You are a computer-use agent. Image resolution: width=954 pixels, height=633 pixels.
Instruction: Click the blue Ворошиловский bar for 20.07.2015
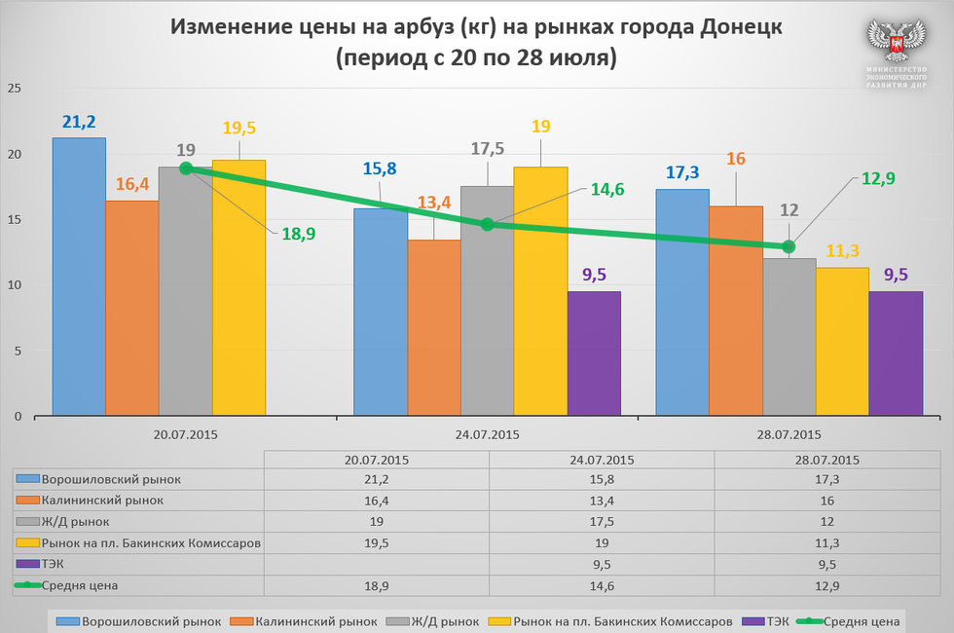coord(79,278)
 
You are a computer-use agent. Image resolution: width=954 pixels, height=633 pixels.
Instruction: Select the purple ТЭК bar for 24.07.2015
coord(594,354)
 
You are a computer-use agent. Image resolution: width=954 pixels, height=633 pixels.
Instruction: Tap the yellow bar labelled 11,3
coord(842,342)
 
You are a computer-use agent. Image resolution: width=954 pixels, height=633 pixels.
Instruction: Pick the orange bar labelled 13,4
coord(434,328)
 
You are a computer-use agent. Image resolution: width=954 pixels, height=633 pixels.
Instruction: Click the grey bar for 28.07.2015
coord(789,337)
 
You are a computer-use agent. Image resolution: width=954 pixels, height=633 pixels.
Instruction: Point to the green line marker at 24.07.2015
coord(488,224)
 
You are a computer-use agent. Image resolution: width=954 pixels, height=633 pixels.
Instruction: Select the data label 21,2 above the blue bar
coord(79,122)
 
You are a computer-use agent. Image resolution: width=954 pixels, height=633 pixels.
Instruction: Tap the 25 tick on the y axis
coord(15,89)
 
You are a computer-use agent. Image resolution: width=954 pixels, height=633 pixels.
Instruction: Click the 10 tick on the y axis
coord(15,285)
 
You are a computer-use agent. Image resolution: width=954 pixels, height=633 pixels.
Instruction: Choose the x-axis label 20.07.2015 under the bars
coord(185,435)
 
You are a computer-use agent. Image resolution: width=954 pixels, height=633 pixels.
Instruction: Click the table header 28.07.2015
coord(826,460)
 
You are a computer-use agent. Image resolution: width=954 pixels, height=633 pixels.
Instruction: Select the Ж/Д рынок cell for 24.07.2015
coord(602,521)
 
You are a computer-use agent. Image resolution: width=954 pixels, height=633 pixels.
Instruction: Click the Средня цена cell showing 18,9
coord(376,584)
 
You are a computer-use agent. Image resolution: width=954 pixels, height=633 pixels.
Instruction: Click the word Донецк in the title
coord(741,26)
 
